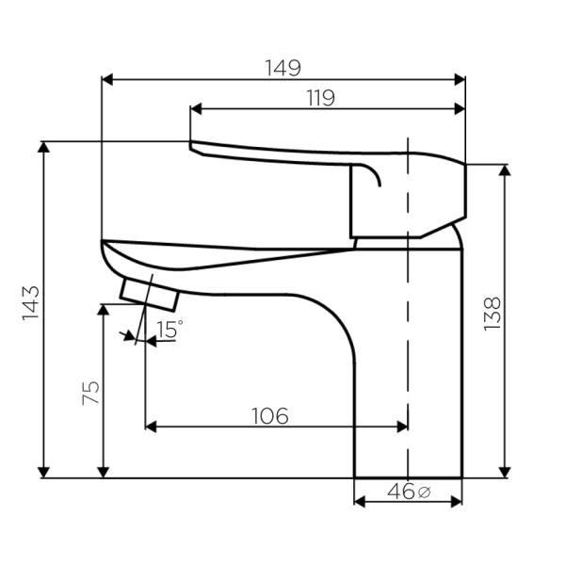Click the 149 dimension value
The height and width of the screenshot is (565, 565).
click(282, 68)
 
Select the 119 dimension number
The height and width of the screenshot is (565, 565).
click(321, 98)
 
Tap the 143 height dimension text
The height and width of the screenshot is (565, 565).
click(31, 302)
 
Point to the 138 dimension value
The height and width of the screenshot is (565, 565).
click(492, 314)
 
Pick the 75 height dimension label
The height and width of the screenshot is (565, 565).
click(90, 393)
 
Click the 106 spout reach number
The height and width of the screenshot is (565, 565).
click(270, 416)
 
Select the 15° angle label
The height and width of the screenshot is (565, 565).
click(169, 329)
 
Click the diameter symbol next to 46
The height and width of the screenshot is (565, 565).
click(425, 492)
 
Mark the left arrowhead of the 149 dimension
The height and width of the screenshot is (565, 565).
click(107, 80)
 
